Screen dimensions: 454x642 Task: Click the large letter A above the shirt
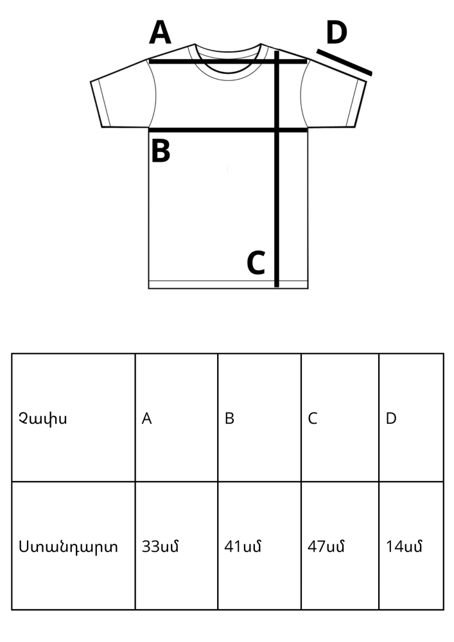160,32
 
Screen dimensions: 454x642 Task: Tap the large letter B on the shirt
161,151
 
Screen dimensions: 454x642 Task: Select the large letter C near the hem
256,263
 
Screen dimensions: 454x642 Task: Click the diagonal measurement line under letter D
344,62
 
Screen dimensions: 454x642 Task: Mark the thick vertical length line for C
277,169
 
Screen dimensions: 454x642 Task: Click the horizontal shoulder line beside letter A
227,62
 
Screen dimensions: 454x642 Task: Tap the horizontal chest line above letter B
227,130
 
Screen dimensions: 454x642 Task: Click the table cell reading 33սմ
160,546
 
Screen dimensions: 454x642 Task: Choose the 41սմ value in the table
242,546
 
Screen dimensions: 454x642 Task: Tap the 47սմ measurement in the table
326,546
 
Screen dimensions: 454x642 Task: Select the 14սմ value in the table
404,546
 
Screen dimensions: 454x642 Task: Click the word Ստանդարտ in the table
68,546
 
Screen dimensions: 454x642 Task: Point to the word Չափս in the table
42,419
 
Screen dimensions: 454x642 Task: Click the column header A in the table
146,419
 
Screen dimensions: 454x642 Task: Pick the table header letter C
312,419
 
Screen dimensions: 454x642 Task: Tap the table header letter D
391,419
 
